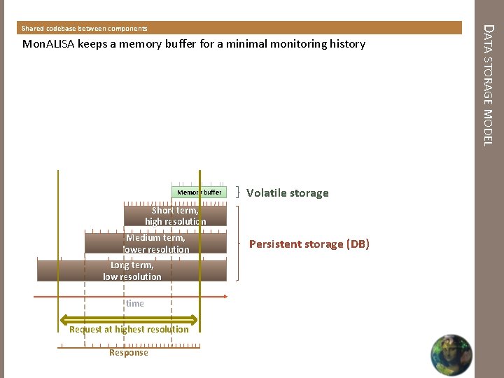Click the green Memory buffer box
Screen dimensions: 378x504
pyautogui.click(x=199, y=192)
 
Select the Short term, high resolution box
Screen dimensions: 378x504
pyautogui.click(x=175, y=216)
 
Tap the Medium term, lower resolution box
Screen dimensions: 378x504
pyautogui.click(x=155, y=244)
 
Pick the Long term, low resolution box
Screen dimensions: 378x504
pyautogui.click(x=132, y=271)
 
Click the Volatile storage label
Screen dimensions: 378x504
pyautogui.click(x=287, y=193)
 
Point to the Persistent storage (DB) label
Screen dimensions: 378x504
pyautogui.click(x=309, y=244)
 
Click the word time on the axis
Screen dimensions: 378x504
pyautogui.click(x=135, y=304)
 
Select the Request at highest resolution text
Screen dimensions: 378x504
pyautogui.click(x=129, y=329)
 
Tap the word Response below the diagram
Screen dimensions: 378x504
pyautogui.click(x=129, y=353)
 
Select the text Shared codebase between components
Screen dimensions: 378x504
pyautogui.click(x=84, y=29)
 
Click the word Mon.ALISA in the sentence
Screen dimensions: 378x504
pyautogui.click(x=50, y=44)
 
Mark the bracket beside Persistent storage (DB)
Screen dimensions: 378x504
pyautogui.click(x=240, y=244)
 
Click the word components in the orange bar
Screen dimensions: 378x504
pyautogui.click(x=127, y=29)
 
